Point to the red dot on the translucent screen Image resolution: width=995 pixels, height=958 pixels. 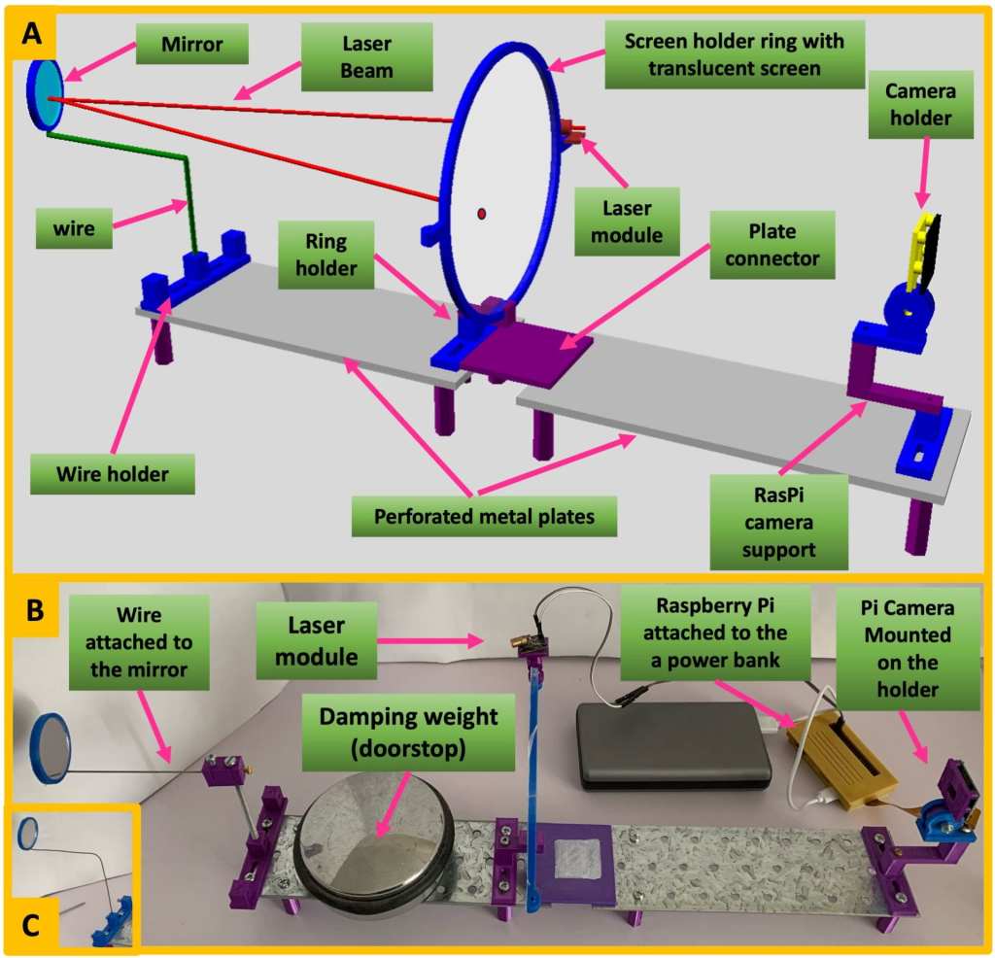pyautogui.click(x=481, y=213)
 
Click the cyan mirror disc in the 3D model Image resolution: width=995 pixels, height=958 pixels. pyautogui.click(x=43, y=95)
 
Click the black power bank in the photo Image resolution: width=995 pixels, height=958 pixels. pyautogui.click(x=673, y=743)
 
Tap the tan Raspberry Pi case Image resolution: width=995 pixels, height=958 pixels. pyautogui.click(x=842, y=757)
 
